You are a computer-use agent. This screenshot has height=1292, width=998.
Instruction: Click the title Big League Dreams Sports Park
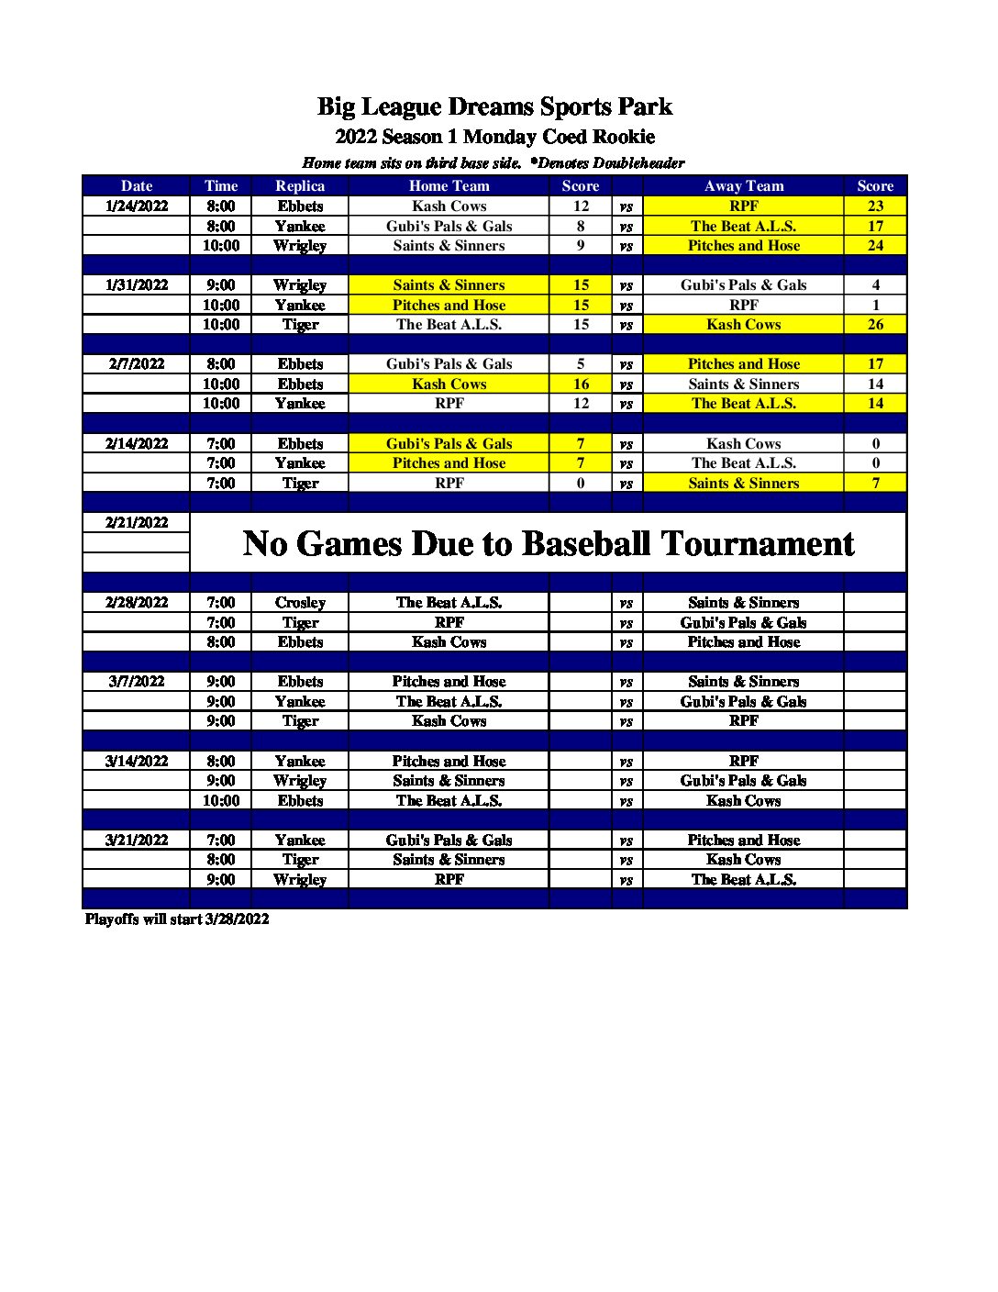(494, 106)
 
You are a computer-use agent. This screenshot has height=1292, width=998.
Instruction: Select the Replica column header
(300, 185)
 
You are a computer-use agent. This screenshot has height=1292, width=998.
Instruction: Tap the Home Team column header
(449, 185)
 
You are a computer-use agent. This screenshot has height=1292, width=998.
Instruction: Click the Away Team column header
(743, 185)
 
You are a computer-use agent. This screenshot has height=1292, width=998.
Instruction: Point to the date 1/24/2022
(137, 206)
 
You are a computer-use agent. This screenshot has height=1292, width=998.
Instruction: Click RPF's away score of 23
(875, 206)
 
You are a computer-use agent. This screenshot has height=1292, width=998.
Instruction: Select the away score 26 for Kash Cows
(875, 324)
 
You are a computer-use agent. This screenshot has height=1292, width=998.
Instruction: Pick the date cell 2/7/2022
(137, 363)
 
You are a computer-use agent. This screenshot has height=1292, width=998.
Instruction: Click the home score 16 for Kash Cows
(581, 384)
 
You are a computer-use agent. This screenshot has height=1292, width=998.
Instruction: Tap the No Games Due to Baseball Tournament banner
(548, 543)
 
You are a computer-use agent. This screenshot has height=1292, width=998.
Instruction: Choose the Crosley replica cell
(300, 602)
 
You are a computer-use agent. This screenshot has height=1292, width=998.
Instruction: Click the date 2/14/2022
(137, 443)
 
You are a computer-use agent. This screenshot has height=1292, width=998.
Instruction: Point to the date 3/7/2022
(137, 681)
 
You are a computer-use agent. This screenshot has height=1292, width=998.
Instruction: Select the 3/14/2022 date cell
(137, 761)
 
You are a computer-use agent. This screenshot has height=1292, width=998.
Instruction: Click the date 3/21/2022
(137, 840)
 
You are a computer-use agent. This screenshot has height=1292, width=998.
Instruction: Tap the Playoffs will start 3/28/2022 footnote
(177, 919)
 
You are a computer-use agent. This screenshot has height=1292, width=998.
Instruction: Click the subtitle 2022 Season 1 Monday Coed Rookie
(494, 137)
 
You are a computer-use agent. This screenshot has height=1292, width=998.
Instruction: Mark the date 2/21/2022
(137, 522)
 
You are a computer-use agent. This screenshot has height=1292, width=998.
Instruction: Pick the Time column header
(221, 185)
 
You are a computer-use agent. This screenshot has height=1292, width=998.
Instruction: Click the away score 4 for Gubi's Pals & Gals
(875, 284)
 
